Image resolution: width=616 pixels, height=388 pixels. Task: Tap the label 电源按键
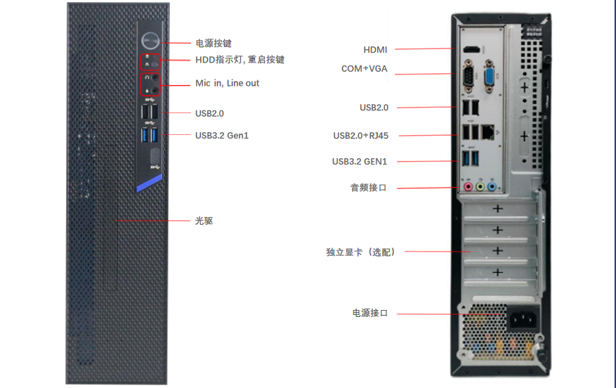pyautogui.click(x=214, y=44)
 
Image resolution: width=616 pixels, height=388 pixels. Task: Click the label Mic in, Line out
pyautogui.click(x=227, y=83)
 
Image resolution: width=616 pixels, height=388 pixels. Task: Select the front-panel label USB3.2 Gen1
pyautogui.click(x=221, y=135)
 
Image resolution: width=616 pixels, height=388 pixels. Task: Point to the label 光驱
pyautogui.click(x=204, y=221)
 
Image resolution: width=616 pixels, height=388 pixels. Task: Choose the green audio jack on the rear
pyautogui.click(x=479, y=188)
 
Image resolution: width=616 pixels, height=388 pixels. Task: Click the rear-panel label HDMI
pyautogui.click(x=375, y=50)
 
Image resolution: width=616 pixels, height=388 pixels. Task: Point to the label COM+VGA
pyautogui.click(x=364, y=69)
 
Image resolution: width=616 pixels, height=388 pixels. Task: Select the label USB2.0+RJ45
pyautogui.click(x=360, y=135)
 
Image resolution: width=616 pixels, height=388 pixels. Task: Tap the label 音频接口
pyautogui.click(x=369, y=188)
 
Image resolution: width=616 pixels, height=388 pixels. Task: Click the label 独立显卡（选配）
pyautogui.click(x=360, y=252)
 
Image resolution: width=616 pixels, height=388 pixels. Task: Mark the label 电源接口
pyautogui.click(x=369, y=313)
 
